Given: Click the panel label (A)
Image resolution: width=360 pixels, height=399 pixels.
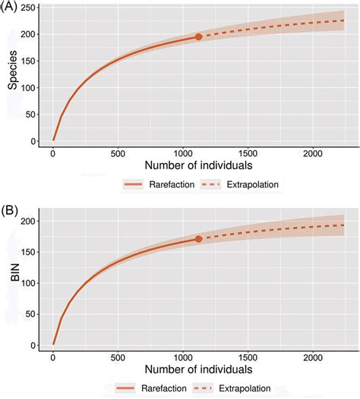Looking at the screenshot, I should pyautogui.click(x=11, y=7).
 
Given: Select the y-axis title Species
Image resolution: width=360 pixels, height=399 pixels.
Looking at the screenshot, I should pyautogui.click(x=13, y=76).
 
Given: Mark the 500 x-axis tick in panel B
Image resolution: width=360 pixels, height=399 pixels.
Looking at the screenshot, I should pyautogui.click(x=118, y=357).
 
